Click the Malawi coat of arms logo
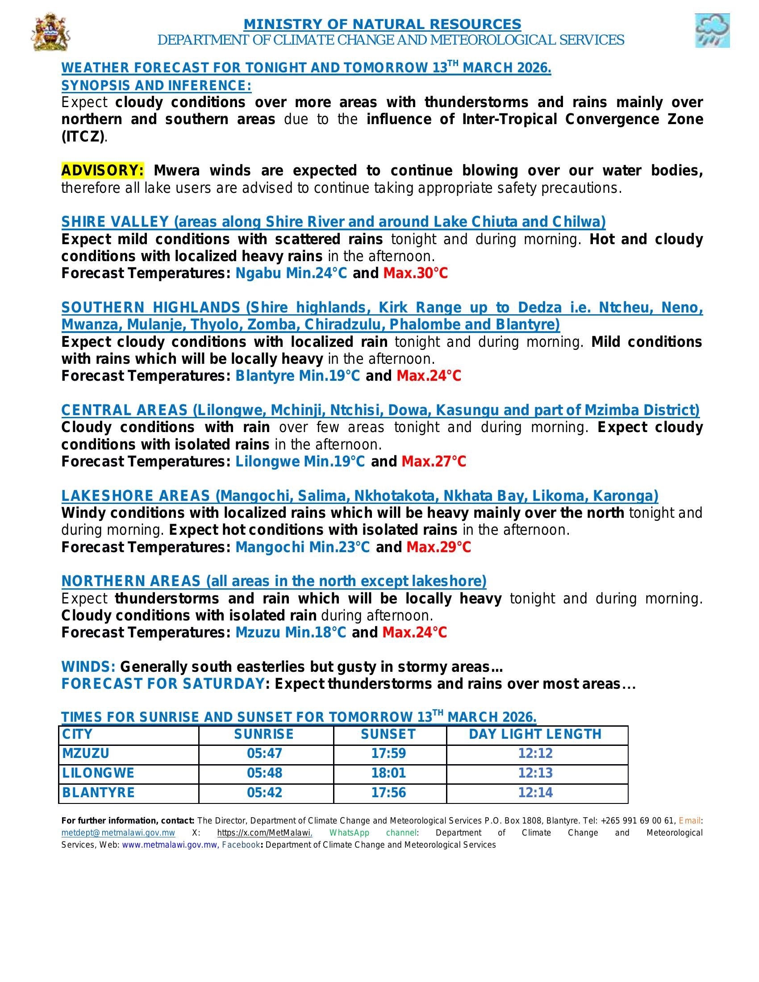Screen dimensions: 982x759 50,32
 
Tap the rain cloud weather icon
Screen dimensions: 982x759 712,30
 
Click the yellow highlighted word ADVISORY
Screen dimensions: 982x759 103,171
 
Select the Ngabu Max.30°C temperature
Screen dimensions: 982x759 416,273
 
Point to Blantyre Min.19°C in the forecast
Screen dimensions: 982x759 298,376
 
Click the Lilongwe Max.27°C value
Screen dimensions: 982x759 434,462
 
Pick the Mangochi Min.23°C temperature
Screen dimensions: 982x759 303,547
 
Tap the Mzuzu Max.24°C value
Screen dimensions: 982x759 415,632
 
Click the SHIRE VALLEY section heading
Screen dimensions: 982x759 333,222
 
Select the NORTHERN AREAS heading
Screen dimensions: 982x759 274,581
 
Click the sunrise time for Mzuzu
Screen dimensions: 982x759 264,753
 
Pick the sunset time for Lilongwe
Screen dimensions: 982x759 388,773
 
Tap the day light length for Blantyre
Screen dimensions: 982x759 535,792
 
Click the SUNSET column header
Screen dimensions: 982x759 388,734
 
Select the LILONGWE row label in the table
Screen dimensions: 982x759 99,773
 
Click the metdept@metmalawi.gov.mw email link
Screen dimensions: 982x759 118,833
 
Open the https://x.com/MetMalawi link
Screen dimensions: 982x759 265,833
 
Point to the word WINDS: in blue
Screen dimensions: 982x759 88,667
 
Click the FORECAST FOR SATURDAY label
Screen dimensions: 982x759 163,684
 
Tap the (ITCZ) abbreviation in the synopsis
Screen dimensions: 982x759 83,136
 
